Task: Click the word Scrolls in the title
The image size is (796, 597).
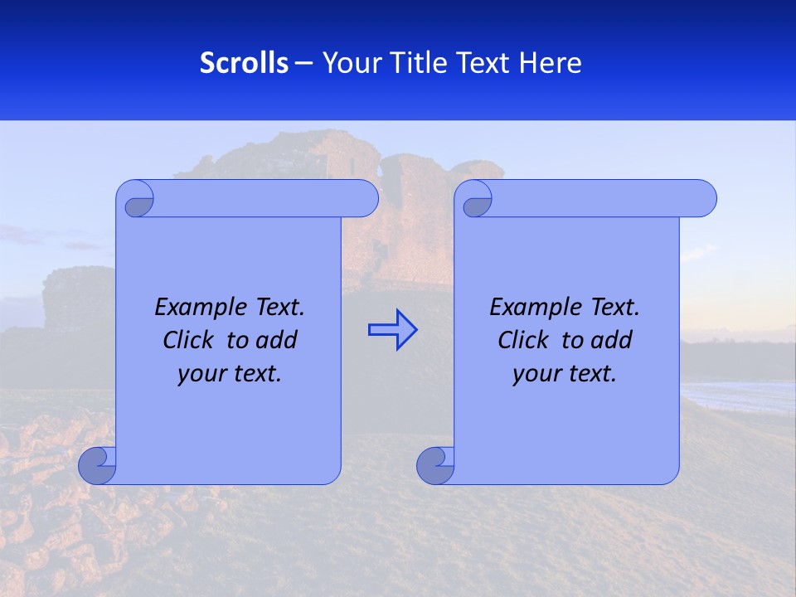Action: (x=244, y=63)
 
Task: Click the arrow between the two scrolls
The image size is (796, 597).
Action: (x=392, y=329)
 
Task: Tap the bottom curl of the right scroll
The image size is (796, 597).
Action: (x=436, y=466)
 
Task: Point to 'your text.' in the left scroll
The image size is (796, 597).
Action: (x=230, y=373)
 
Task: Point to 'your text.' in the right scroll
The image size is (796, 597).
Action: (x=565, y=373)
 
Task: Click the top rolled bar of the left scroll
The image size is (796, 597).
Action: (x=265, y=198)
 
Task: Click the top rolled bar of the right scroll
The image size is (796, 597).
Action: (x=604, y=198)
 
